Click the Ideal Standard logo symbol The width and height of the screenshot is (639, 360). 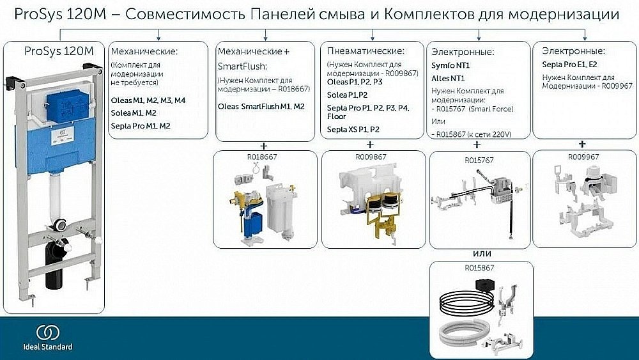(47, 333)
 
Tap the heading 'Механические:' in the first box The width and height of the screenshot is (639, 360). (144, 51)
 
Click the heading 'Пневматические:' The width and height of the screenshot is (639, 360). (366, 51)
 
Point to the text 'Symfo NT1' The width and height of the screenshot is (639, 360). (451, 66)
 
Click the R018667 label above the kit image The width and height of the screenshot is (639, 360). (265, 155)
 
